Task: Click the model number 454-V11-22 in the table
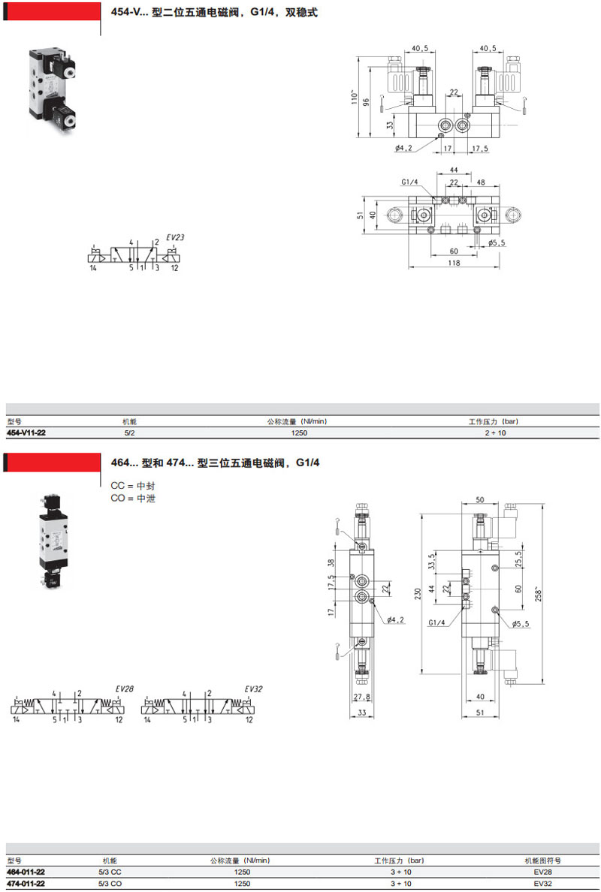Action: tap(26, 433)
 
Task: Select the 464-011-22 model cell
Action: tap(26, 872)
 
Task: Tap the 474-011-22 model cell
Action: tap(26, 884)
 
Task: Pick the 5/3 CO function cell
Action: tap(110, 884)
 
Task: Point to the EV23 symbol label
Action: tap(175, 237)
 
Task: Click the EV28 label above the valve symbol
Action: tap(124, 689)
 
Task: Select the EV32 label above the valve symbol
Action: tap(253, 689)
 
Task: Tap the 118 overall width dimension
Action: tap(455, 263)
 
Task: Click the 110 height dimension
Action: tap(354, 97)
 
